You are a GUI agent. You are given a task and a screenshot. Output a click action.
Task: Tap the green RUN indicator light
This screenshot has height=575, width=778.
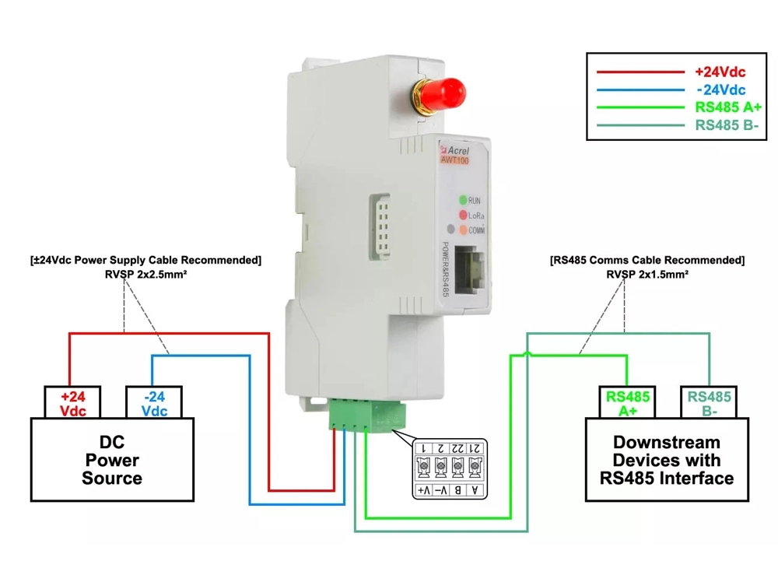[462, 200]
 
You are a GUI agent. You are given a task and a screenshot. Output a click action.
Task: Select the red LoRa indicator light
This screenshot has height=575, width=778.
[462, 215]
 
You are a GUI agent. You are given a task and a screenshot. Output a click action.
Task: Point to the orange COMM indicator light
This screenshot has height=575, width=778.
[463, 230]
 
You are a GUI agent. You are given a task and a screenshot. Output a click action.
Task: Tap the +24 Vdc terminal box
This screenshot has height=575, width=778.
[73, 403]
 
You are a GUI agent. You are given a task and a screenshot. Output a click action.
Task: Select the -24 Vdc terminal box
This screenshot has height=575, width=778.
[155, 403]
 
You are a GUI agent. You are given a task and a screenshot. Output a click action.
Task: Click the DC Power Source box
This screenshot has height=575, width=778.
[112, 459]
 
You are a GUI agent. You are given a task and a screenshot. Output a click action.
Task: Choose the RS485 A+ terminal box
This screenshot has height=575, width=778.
[628, 403]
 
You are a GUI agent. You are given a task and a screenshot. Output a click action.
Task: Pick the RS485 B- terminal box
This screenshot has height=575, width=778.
[710, 403]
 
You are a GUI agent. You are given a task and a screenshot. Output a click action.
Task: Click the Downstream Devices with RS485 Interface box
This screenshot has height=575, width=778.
[667, 460]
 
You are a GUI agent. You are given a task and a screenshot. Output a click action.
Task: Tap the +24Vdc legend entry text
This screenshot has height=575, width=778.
[720, 72]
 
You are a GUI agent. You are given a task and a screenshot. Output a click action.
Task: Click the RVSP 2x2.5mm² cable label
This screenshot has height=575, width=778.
[145, 274]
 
